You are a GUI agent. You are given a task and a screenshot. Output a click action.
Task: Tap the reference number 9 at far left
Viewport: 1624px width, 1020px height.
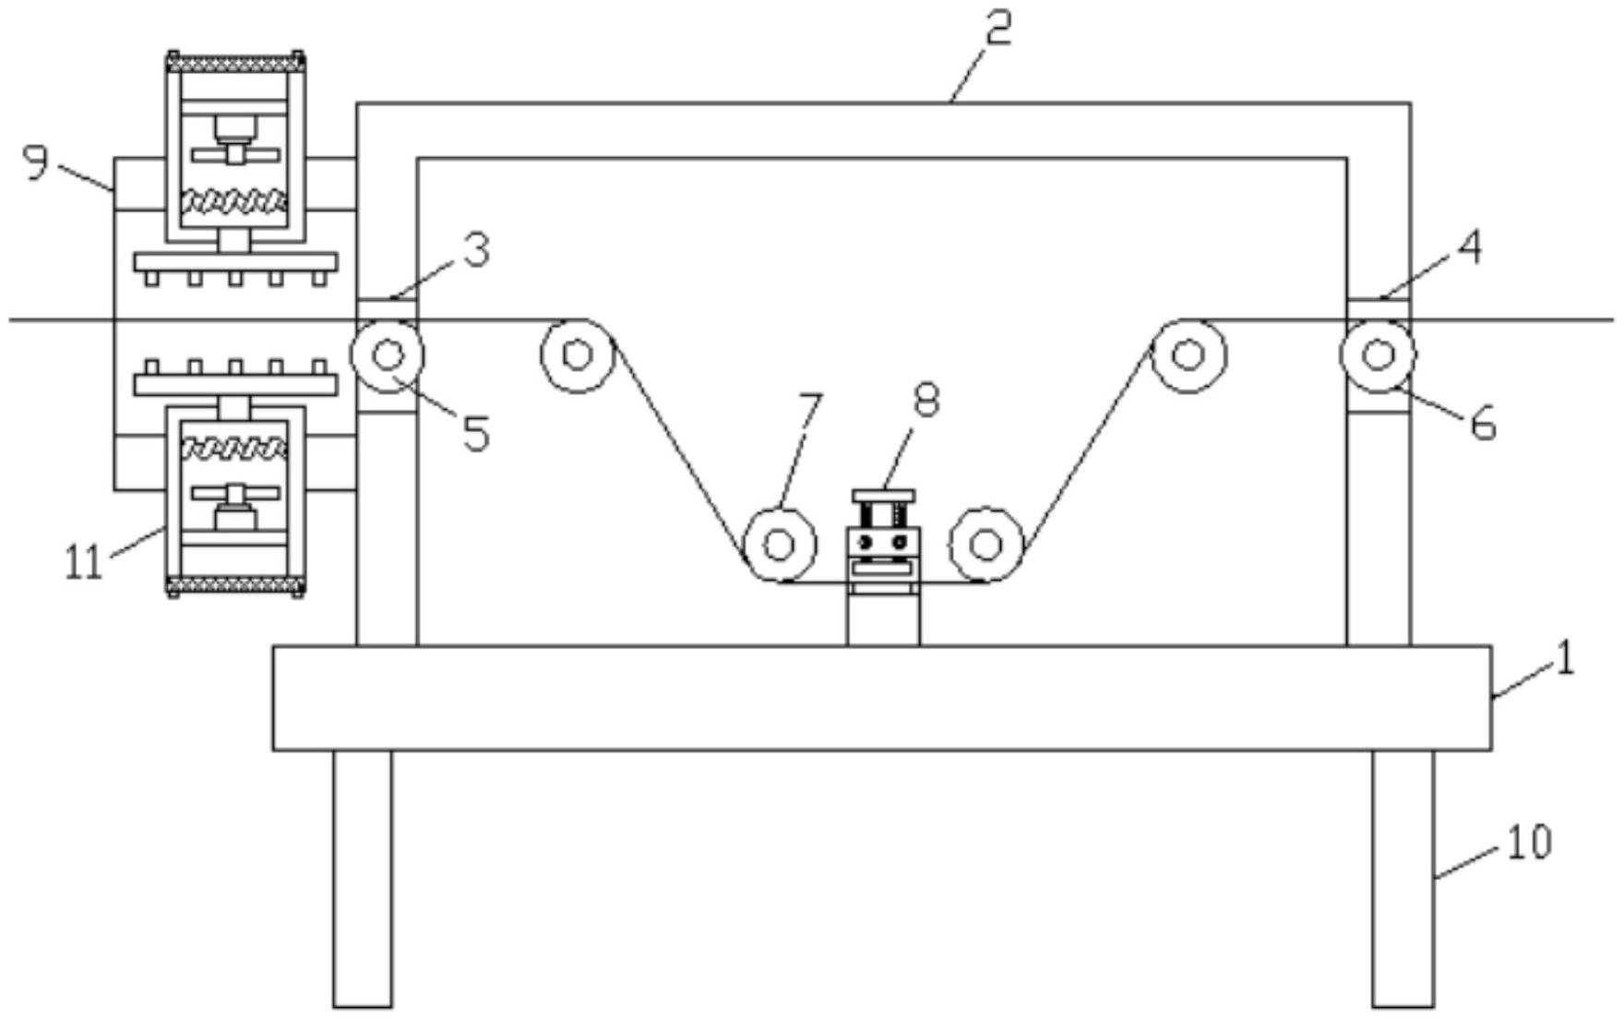(x=36, y=163)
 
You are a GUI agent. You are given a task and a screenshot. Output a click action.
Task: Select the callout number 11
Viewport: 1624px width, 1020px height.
(x=83, y=562)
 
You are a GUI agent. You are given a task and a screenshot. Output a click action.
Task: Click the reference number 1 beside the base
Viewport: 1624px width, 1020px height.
(x=1566, y=662)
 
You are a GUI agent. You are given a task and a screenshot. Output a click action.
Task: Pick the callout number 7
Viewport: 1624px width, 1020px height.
(x=809, y=411)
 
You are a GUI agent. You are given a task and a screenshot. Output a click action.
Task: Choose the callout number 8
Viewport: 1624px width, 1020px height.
(x=925, y=401)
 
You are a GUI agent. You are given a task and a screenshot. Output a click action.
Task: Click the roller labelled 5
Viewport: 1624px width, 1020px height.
(x=388, y=355)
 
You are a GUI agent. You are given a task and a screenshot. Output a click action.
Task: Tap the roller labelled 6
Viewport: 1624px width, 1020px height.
(x=1378, y=355)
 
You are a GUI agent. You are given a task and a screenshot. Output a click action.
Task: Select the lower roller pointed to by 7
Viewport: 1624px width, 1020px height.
(x=780, y=545)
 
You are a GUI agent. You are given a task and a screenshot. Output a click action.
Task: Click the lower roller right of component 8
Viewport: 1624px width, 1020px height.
(x=986, y=545)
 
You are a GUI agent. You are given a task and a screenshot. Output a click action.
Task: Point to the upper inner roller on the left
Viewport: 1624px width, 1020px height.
(x=578, y=355)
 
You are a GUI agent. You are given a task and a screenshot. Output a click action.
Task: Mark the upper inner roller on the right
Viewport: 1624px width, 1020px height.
(x=1188, y=355)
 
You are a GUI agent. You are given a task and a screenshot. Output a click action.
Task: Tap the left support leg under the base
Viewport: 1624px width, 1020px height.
(x=363, y=877)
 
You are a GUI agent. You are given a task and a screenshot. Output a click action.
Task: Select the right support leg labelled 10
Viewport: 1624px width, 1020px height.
(x=1403, y=877)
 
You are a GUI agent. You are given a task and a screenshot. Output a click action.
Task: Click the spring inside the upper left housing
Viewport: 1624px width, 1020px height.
(x=235, y=200)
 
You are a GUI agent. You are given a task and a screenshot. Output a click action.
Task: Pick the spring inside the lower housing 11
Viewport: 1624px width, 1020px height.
(x=235, y=450)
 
